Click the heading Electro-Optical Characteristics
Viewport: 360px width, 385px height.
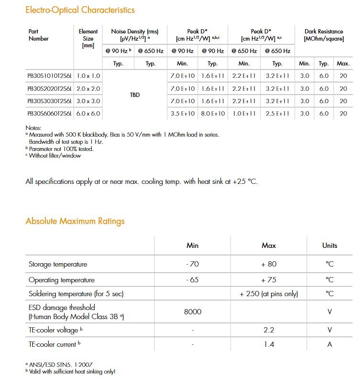80,10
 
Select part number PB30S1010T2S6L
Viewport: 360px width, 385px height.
50,75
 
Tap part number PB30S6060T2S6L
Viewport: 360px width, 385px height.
50,113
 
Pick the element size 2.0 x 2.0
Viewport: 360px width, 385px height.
88,88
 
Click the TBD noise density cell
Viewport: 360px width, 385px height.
135,95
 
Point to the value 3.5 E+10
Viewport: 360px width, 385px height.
183,113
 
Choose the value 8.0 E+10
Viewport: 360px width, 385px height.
213,113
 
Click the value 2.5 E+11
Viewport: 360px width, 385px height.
277,113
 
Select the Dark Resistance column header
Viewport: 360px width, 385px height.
324,35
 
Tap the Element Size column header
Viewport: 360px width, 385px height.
88,39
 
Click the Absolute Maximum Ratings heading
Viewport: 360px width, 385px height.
75,221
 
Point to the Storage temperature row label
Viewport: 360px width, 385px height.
58,264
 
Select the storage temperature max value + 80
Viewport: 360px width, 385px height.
269,264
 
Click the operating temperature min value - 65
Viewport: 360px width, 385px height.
192,280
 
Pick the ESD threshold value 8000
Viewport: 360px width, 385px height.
192,312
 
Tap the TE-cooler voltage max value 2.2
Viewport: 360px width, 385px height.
269,330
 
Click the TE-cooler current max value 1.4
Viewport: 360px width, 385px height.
269,344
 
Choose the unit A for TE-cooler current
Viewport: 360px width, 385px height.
329,344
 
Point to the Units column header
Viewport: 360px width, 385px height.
329,246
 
